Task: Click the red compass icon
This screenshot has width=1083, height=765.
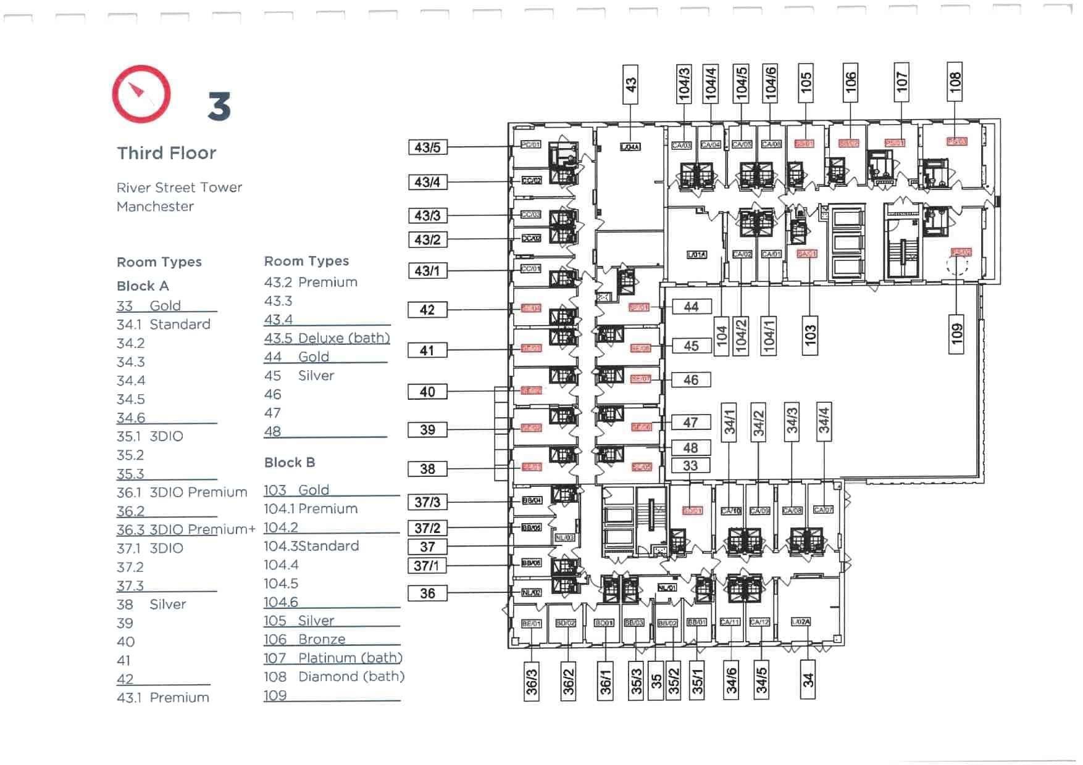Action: (x=141, y=94)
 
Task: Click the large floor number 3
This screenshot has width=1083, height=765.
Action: (x=219, y=106)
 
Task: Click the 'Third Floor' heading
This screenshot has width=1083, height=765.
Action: (x=167, y=153)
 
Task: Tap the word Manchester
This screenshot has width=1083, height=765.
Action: (x=155, y=207)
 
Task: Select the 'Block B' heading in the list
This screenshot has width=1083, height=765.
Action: (x=290, y=463)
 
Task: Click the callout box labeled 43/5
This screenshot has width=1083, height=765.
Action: (x=427, y=147)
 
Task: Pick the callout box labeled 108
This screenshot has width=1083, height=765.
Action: (x=955, y=81)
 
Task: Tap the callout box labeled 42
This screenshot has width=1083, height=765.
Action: (x=427, y=310)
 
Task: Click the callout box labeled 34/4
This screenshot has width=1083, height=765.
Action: (x=824, y=420)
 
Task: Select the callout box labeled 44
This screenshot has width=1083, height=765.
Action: (x=691, y=307)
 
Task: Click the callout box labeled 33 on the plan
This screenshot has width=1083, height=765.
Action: (x=690, y=466)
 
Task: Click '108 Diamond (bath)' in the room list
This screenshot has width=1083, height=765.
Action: (x=334, y=677)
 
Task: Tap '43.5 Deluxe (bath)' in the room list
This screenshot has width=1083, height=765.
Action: (x=327, y=338)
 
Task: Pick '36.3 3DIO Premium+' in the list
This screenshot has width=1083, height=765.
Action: (x=186, y=530)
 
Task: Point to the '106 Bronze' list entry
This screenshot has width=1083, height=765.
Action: (x=304, y=640)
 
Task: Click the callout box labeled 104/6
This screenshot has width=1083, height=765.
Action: (x=770, y=83)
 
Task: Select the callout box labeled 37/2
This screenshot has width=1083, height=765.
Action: (x=427, y=528)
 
